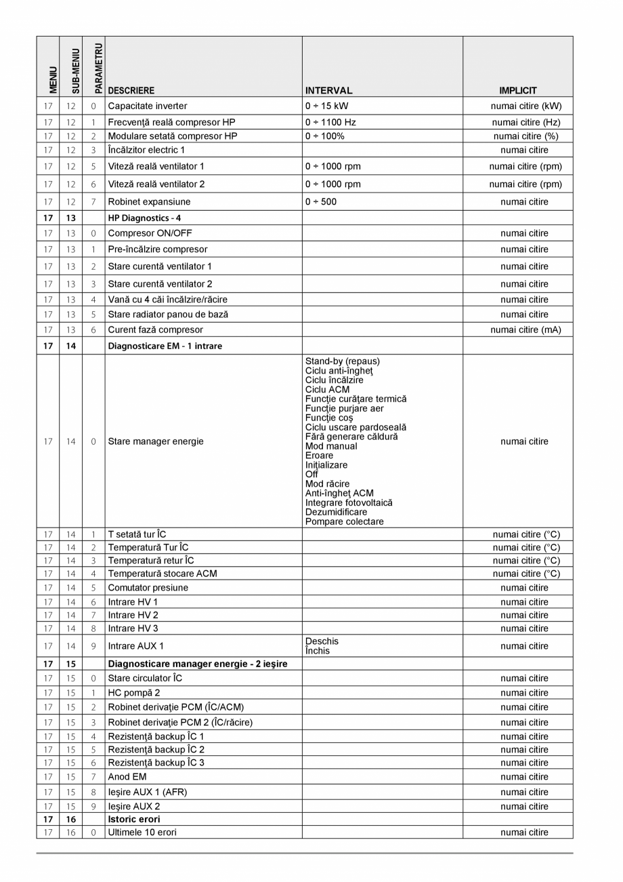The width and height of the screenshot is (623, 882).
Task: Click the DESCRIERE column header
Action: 131,90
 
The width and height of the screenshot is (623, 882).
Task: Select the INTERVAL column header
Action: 328,90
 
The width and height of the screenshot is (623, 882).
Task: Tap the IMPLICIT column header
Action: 518,90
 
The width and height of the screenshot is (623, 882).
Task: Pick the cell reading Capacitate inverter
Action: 148,106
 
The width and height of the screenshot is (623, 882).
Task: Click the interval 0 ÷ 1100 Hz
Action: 330,123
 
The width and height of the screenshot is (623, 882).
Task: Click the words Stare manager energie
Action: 156,441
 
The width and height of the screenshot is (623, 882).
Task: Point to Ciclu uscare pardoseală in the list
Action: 356,427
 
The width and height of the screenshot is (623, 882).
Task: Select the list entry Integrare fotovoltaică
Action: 349,503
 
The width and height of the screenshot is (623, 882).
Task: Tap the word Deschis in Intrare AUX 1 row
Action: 322,641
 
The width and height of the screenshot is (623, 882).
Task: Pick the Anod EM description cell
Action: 127,776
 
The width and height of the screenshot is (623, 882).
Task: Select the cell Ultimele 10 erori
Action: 142,832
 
